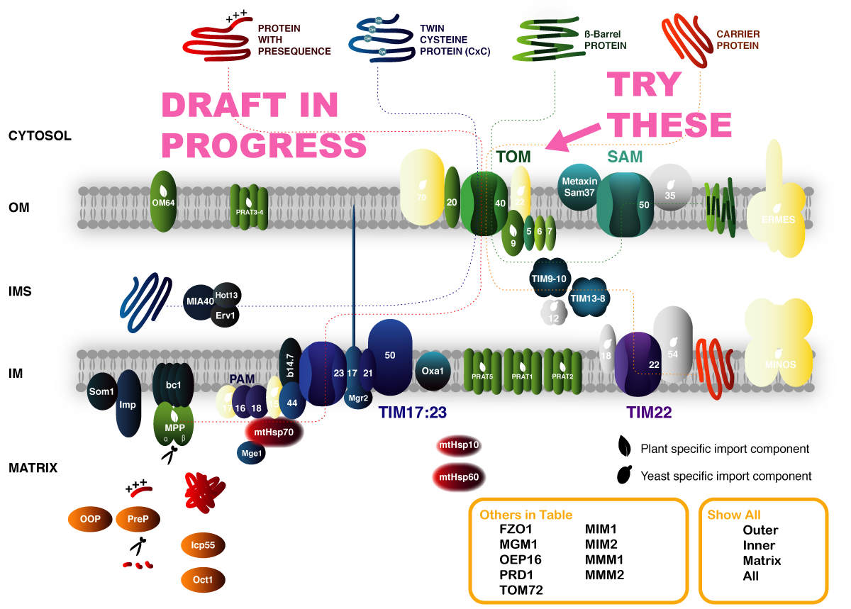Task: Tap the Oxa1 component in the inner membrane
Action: coord(432,370)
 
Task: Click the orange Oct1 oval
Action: coord(203,579)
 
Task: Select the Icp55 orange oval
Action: coord(203,545)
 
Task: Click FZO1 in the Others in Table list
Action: coord(516,530)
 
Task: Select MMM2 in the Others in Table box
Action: coord(604,575)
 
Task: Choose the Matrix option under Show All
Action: coord(762,561)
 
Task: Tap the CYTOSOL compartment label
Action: coord(40,135)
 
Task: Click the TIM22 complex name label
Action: coord(648,411)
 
